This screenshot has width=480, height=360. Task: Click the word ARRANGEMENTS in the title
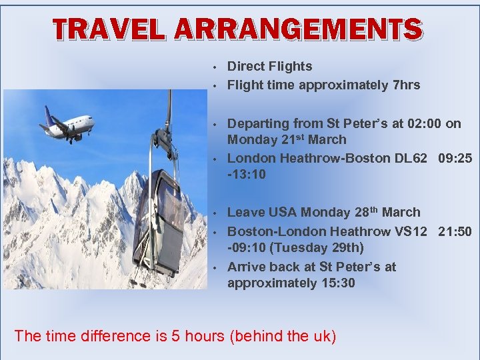299,29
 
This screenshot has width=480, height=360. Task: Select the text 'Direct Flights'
269,66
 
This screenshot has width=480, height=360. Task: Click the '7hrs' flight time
407,85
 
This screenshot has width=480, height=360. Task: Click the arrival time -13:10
247,175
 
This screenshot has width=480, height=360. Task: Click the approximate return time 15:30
337,283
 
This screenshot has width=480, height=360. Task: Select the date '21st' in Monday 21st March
306,139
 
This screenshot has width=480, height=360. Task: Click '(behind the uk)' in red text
283,335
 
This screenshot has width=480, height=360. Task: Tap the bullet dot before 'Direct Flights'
213,67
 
